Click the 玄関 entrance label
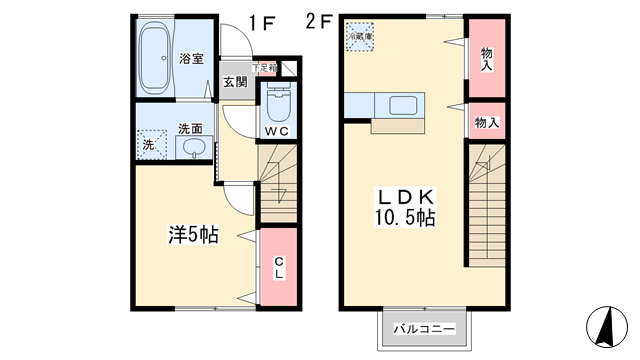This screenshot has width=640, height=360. [235, 82]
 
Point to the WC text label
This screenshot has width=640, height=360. [277, 130]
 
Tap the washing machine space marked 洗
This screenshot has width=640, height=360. [150, 144]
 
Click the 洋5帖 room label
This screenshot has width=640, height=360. [192, 236]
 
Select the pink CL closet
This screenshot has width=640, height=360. [280, 268]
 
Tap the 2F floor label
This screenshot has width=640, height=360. [320, 18]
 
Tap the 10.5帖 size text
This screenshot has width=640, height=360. [405, 216]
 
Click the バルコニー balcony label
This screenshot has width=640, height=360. [423, 328]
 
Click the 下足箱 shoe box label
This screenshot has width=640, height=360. [263, 68]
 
